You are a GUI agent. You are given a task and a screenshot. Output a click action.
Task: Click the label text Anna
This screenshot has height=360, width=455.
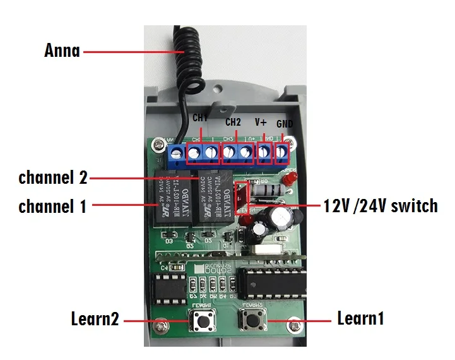(62, 51)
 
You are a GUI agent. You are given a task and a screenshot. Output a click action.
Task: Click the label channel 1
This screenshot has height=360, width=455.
(52, 206)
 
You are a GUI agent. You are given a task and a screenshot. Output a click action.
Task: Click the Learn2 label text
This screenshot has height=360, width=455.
(95, 319)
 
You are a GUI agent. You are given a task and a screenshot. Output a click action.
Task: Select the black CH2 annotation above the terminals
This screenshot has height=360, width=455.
(233, 121)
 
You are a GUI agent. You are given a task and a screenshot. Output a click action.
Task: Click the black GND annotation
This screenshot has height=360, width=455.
(285, 125)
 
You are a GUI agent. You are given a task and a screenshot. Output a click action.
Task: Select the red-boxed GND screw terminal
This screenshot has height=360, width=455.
(281, 152)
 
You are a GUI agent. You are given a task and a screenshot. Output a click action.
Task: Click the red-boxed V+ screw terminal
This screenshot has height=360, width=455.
(264, 152)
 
